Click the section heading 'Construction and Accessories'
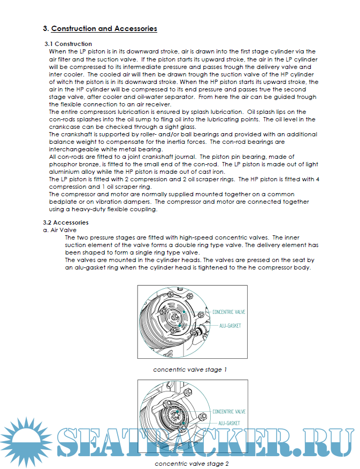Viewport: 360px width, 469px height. (104, 28)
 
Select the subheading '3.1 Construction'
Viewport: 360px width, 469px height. (68, 44)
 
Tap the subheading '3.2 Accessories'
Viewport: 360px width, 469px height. (66, 222)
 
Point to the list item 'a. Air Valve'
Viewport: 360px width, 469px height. (60, 229)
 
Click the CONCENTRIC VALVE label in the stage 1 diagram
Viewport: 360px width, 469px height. (228, 311)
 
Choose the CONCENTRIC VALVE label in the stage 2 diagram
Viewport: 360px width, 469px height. (228, 412)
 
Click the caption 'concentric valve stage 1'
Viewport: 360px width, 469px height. (190, 370)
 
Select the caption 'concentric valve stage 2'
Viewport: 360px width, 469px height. (192, 464)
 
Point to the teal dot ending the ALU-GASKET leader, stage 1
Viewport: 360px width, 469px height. (180, 326)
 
